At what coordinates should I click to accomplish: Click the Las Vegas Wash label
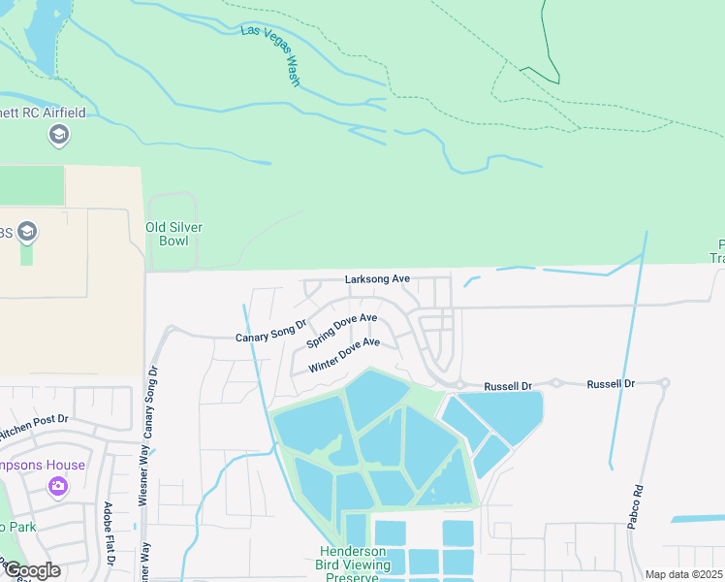tap(271, 54)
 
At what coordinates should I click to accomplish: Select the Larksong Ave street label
tap(377, 279)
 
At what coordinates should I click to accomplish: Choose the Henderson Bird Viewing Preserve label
tap(354, 565)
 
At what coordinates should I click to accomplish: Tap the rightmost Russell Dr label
tap(610, 384)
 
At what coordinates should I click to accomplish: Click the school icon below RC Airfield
tap(58, 134)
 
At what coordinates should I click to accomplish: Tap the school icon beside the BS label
tap(26, 233)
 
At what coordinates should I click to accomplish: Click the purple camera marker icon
tap(57, 485)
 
